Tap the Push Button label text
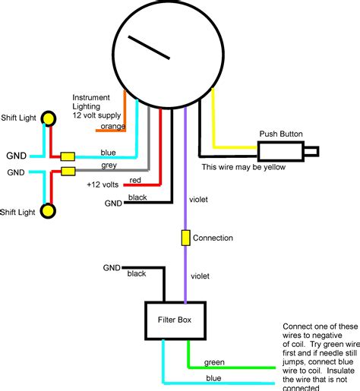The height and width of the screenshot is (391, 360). [280, 134]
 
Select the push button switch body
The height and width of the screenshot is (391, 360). [280, 152]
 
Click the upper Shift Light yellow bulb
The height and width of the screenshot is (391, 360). [49, 118]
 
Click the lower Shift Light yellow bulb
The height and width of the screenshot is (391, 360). [49, 210]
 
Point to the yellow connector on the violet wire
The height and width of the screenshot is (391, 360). [185, 238]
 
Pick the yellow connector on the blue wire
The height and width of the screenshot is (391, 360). [68, 156]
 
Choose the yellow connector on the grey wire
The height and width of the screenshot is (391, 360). [68, 171]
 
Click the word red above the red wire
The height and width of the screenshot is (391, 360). [135, 181]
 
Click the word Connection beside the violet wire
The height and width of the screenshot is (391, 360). [213, 238]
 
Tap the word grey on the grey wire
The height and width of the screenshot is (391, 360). [109, 165]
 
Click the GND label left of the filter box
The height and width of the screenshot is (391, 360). [112, 268]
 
